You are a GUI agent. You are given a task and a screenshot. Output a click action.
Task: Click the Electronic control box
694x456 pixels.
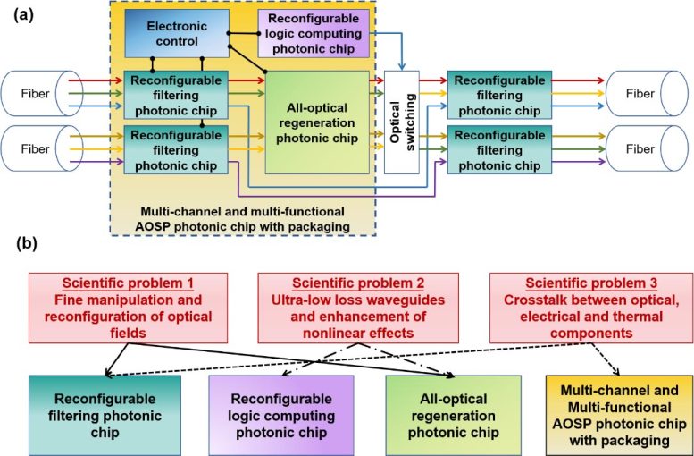click(x=177, y=34)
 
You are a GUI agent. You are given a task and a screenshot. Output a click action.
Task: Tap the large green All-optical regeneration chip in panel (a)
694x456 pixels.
click(x=317, y=123)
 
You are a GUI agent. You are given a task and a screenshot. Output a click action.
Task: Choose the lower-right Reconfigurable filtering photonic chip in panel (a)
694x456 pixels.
click(x=497, y=149)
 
